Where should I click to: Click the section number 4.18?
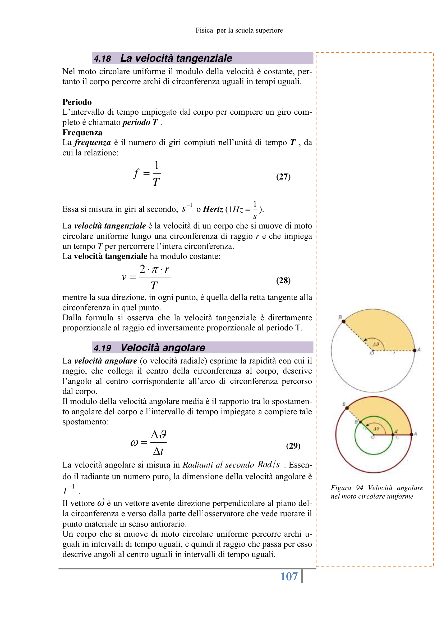pyautogui.click(x=102, y=59)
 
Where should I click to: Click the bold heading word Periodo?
pyautogui.click(x=77, y=102)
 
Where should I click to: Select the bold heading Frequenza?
pyautogui.click(x=82, y=132)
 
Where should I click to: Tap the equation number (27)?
pyautogui.click(x=283, y=177)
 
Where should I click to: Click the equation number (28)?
pyautogui.click(x=283, y=280)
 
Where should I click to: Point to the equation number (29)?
pyautogui.click(x=293, y=446)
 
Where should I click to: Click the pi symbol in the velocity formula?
pyautogui.click(x=155, y=269)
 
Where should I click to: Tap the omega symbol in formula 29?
pyautogui.click(x=134, y=443)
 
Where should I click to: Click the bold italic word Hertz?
pyautogui.click(x=213, y=209)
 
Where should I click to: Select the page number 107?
pyautogui.click(x=289, y=576)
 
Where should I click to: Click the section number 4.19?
pyautogui.click(x=102, y=348)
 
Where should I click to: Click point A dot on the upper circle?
pyautogui.click(x=414, y=350)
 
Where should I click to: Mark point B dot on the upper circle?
pyautogui.click(x=344, y=321)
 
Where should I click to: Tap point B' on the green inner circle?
pyautogui.click(x=361, y=422)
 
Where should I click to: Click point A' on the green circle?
pyautogui.click(x=393, y=434)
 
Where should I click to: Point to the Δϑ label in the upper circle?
pyautogui.click(x=376, y=344)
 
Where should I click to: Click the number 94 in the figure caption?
pyautogui.click(x=360, y=488)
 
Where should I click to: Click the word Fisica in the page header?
pyautogui.click(x=204, y=30)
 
